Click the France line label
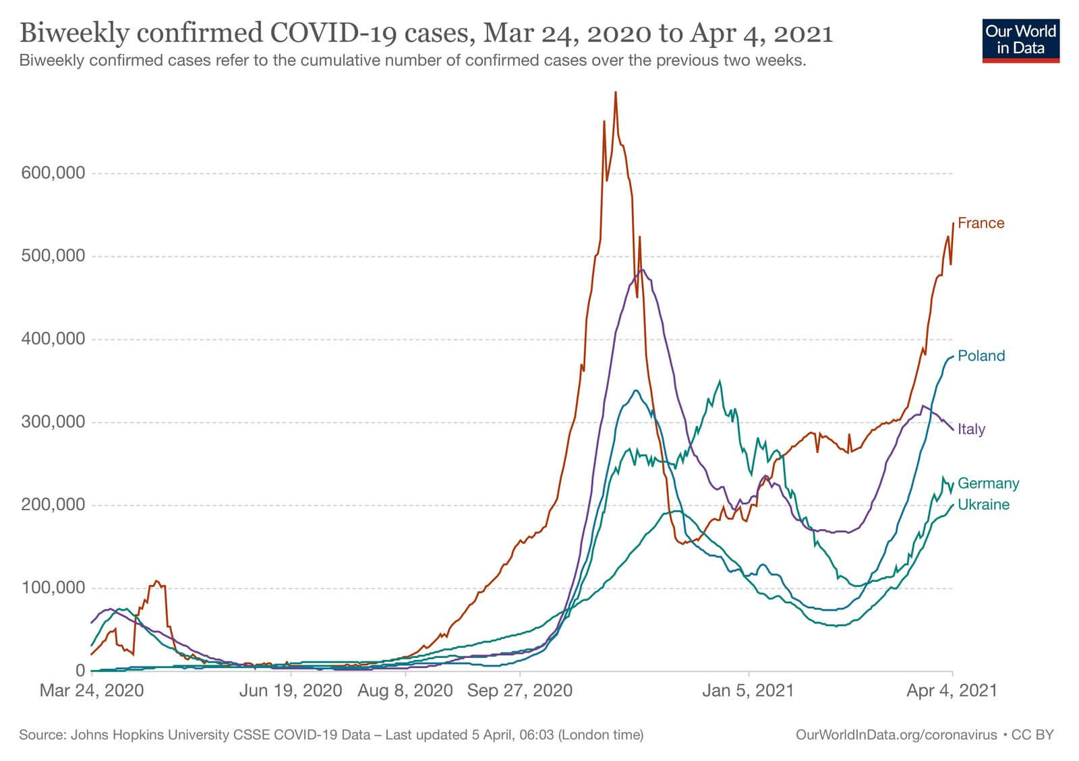981,223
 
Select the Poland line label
981,356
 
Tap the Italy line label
971,429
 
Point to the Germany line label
988,483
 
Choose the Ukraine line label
983,505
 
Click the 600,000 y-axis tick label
53,173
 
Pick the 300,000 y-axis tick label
53,422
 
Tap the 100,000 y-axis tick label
53,588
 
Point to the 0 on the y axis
80,671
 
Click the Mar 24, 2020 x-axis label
92,690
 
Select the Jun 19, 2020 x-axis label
291,690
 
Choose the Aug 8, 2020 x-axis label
405,690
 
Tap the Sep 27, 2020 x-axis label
519,690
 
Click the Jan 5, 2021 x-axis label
748,690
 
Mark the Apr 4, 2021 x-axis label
952,690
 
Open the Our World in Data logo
1020,40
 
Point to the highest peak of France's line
615,92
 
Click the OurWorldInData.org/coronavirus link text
896,735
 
